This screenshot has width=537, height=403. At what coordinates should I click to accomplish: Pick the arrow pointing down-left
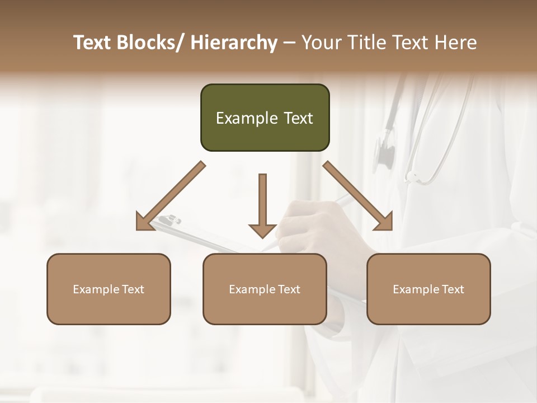170,196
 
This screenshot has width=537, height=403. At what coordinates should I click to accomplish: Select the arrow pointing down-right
358,196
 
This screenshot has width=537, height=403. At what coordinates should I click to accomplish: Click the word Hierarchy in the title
234,43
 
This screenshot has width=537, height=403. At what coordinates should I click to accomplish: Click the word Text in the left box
133,289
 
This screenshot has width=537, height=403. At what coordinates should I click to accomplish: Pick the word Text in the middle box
289,289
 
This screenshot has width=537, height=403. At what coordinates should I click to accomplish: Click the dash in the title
289,43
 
